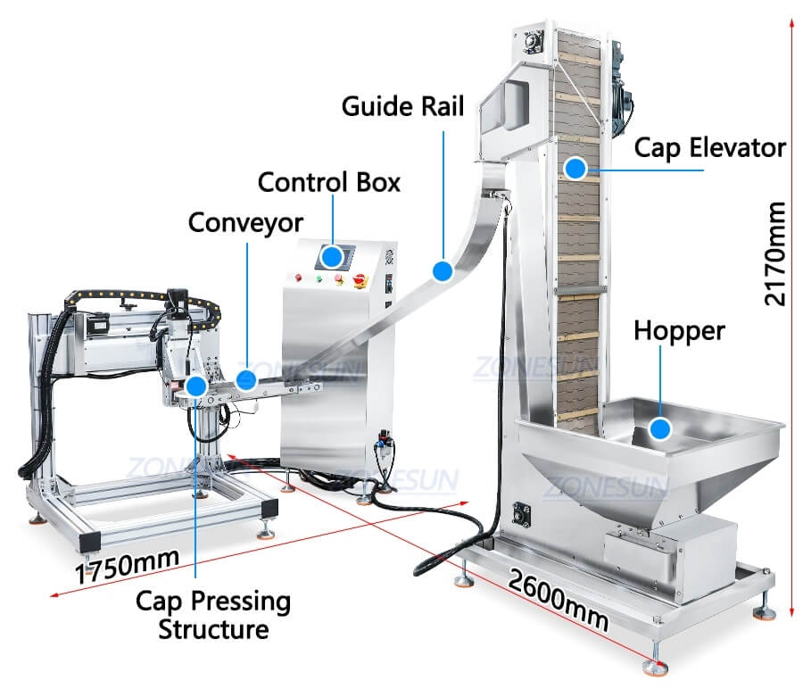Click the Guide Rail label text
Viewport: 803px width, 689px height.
point(403,105)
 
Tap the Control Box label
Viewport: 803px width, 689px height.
point(328,182)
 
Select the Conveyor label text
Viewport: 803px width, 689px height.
point(245,221)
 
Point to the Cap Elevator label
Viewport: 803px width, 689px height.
point(709,147)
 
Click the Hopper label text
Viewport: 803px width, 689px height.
point(679,331)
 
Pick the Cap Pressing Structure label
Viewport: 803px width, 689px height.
point(213,615)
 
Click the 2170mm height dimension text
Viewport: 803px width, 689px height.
point(776,254)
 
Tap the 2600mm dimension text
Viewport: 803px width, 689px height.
point(559,599)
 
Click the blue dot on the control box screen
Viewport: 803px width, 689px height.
point(332,258)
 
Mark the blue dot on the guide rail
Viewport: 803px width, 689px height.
point(442,270)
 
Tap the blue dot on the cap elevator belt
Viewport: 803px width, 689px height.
point(575,166)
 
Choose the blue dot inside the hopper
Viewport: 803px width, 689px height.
point(659,430)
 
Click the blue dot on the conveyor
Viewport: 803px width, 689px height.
point(247,380)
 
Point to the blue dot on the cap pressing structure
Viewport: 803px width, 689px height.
point(195,387)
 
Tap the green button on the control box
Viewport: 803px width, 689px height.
point(319,278)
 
